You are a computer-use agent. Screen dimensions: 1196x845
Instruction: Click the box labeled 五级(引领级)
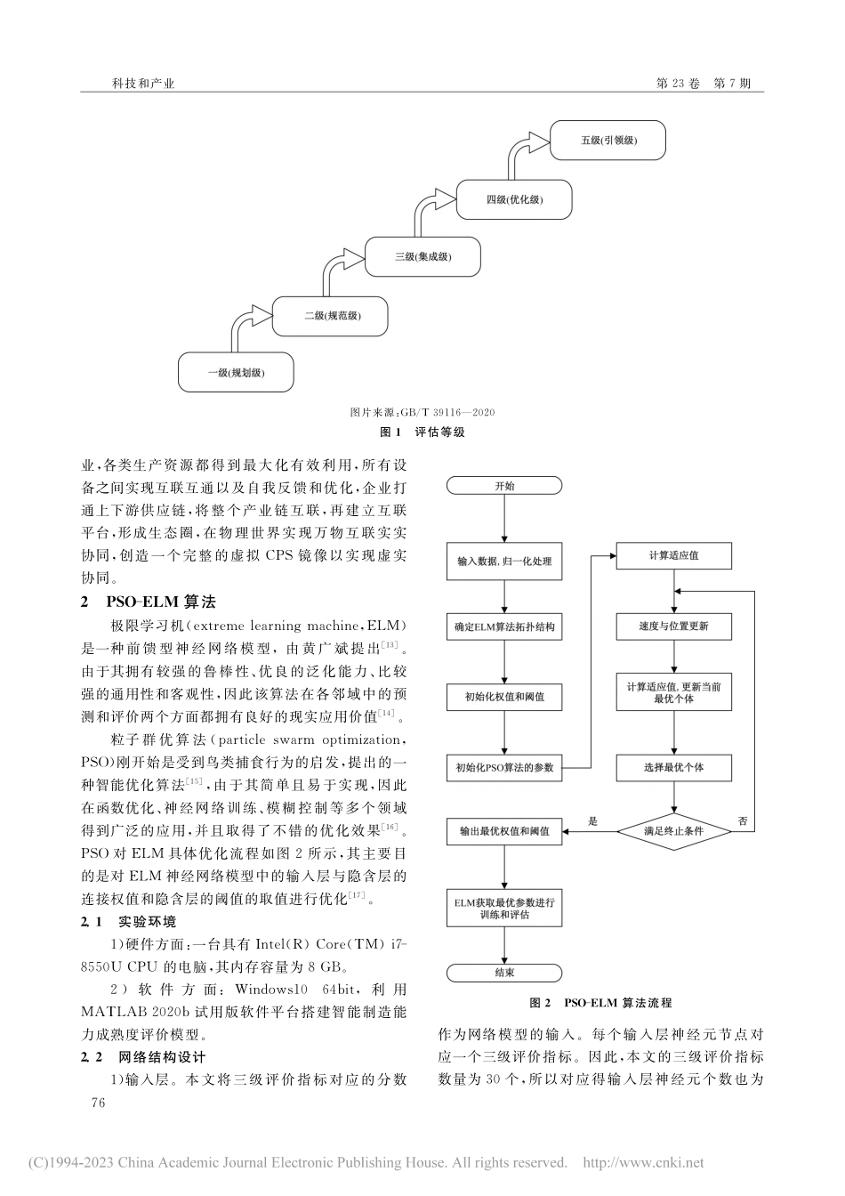click(x=608, y=141)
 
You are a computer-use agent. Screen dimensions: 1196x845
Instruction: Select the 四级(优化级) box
click(x=514, y=199)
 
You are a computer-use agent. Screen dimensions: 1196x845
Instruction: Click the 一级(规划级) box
click(x=236, y=373)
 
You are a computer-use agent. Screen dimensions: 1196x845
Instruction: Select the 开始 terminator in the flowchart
click(x=504, y=486)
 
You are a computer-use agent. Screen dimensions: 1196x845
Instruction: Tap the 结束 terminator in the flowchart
click(x=504, y=973)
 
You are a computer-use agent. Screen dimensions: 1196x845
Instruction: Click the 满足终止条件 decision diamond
click(x=673, y=831)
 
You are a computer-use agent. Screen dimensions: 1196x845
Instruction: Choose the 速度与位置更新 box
click(x=673, y=626)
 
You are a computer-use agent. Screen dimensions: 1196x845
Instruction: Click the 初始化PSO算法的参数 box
click(x=504, y=767)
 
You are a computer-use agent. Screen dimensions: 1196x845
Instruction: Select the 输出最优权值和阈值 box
click(x=504, y=831)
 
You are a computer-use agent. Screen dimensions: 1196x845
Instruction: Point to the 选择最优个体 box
click(x=673, y=767)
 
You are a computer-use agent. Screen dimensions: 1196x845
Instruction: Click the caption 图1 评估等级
click(x=422, y=432)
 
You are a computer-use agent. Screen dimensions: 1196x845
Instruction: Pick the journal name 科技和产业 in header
click(x=143, y=84)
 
